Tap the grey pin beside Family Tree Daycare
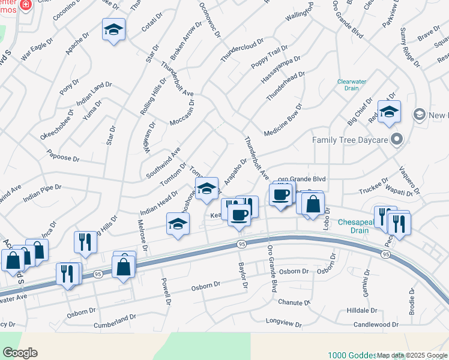point(396,140)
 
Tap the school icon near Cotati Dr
point(113,30)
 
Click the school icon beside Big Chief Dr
point(388,112)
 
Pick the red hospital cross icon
point(25,5)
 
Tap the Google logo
point(20,352)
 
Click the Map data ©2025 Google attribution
point(412,355)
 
